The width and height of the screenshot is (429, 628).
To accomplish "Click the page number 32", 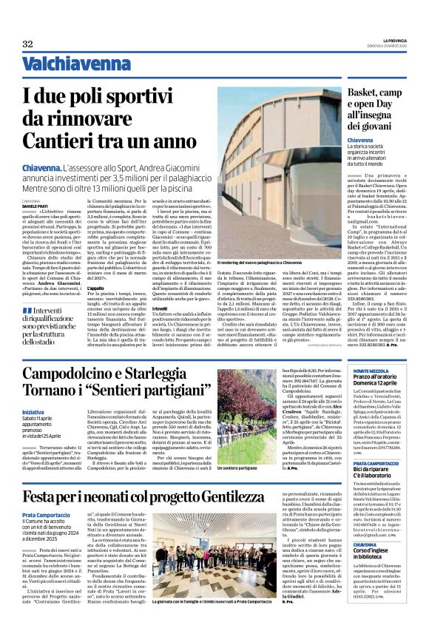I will [x=27, y=44].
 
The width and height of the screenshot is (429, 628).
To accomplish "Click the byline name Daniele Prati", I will [x=39, y=205].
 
